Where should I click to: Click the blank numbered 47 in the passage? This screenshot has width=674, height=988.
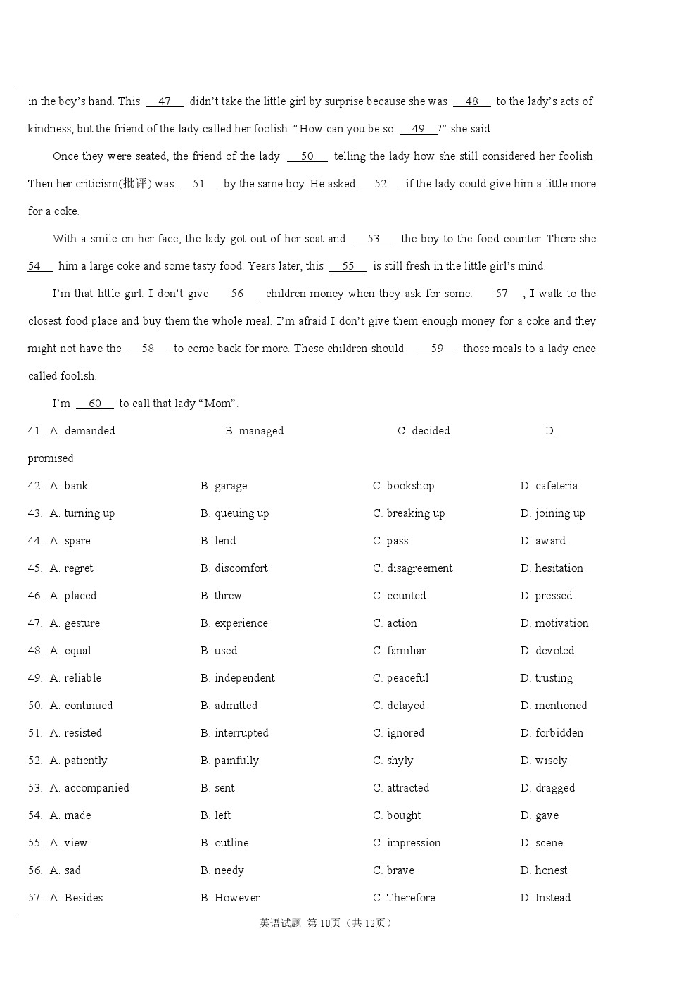[x=165, y=101]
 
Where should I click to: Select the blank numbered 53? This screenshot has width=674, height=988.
[x=374, y=239]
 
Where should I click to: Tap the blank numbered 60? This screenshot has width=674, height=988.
[x=95, y=404]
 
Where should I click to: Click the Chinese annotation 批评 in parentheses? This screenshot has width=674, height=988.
[x=134, y=184]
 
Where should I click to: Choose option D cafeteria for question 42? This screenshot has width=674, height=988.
[x=549, y=486]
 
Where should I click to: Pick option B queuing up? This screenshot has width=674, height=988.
[x=234, y=513]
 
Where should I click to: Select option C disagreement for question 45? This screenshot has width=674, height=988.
[x=412, y=568]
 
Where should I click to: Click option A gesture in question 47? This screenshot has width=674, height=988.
[x=75, y=623]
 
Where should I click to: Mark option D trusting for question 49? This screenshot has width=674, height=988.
[x=546, y=678]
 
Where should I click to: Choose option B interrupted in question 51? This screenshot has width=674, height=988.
[x=234, y=733]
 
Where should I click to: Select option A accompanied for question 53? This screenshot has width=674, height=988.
[x=89, y=788]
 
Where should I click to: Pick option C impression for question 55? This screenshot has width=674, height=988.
[x=407, y=843]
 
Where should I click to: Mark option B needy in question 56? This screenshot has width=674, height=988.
[x=222, y=870]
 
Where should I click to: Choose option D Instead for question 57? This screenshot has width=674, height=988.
[x=545, y=898]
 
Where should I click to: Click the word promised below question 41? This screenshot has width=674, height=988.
[x=51, y=458]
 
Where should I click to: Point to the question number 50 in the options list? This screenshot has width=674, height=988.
[x=35, y=706]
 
